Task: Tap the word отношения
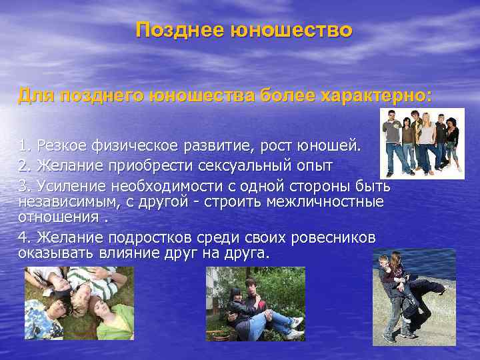pos(55,217)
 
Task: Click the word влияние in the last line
pos(124,253)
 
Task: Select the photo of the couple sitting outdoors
pos(255,303)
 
